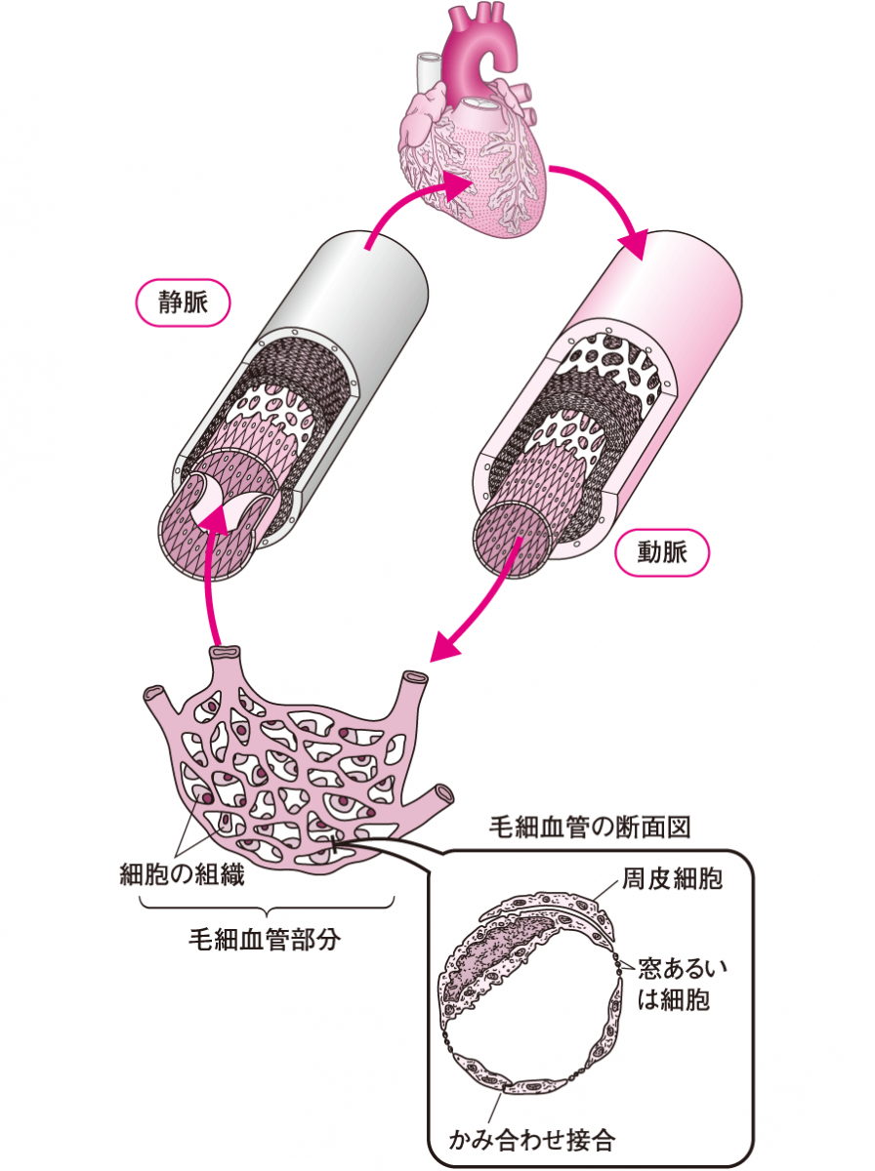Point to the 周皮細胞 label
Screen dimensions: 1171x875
pos(672,880)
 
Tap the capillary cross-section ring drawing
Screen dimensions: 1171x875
pos(532,995)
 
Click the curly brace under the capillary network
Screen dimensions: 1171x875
pos(266,908)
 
